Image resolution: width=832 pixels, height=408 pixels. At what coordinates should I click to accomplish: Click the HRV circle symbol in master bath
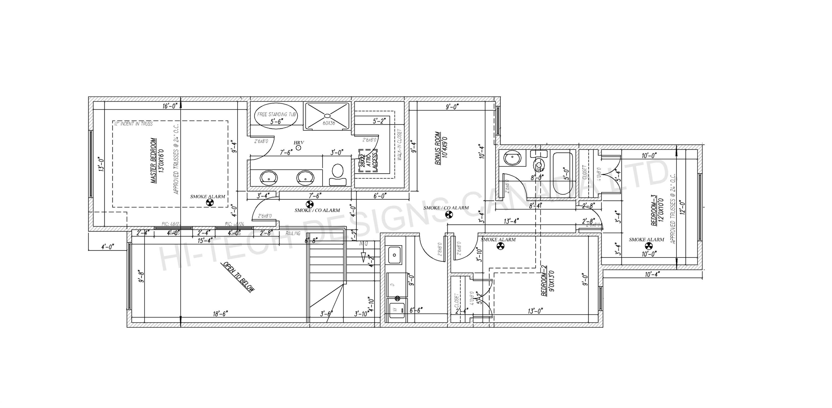point(298,148)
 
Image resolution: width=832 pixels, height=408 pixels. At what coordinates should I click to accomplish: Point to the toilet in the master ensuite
point(337,174)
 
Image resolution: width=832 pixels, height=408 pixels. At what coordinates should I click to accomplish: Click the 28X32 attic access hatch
point(368,161)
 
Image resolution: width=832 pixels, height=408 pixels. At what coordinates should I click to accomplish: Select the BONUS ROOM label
point(438,148)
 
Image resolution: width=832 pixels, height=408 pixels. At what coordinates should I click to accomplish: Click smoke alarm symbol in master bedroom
point(210,203)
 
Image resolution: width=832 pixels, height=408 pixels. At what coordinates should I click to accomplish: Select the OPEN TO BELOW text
point(238,277)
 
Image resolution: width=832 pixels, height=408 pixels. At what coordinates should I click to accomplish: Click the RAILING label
point(293,233)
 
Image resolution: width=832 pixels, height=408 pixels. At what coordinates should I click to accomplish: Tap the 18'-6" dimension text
point(221,314)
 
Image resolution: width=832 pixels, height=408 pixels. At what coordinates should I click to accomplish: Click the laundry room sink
point(394,255)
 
